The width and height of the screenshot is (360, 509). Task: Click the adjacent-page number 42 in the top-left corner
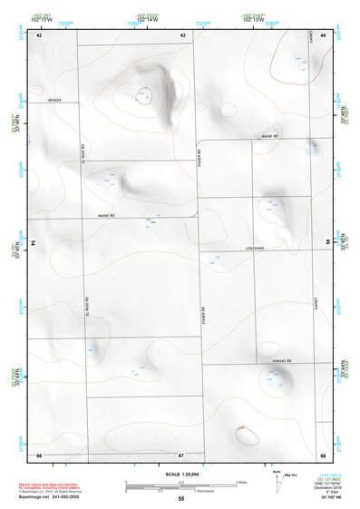point(39,34)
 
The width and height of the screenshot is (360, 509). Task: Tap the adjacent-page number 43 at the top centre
point(182,34)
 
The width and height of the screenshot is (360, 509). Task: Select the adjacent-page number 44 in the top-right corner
point(323,34)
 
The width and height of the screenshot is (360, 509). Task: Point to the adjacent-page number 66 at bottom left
point(39,455)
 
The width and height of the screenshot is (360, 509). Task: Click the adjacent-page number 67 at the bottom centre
point(181,455)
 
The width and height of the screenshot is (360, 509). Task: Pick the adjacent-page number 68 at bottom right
point(323,455)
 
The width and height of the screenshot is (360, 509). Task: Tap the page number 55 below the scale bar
point(181,499)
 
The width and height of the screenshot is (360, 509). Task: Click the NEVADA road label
point(55,102)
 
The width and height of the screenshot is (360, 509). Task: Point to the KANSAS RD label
point(280,360)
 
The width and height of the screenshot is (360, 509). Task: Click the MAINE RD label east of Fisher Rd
point(268,136)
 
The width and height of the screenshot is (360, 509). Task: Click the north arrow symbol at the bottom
point(276,475)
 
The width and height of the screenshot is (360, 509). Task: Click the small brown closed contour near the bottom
point(242,426)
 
